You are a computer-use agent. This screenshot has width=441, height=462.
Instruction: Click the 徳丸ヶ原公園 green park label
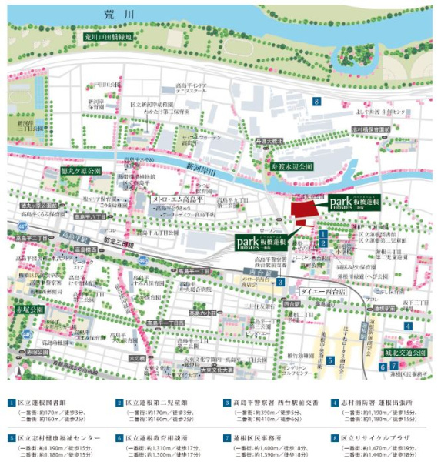[81, 171]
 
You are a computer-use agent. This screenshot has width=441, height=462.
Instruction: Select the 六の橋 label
[137, 357]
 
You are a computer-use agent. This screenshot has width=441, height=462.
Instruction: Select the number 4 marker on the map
[408, 326]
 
